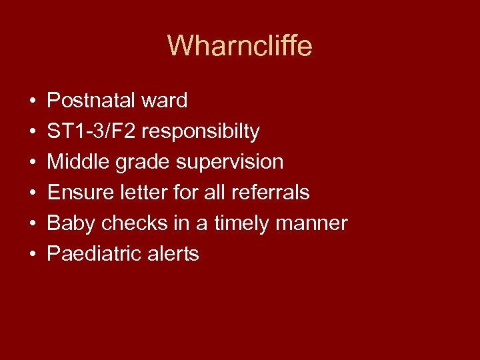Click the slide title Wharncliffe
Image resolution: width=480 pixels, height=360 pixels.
[x=239, y=46]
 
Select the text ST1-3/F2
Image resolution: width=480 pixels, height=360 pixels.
[x=91, y=131]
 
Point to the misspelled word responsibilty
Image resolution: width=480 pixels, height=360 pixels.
[x=201, y=132]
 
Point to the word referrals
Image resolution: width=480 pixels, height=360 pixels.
[x=270, y=193]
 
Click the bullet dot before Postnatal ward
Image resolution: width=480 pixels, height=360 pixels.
[x=32, y=102]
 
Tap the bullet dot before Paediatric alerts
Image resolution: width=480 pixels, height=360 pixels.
[x=32, y=255]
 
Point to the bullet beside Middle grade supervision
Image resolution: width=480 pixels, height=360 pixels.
[x=32, y=163]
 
